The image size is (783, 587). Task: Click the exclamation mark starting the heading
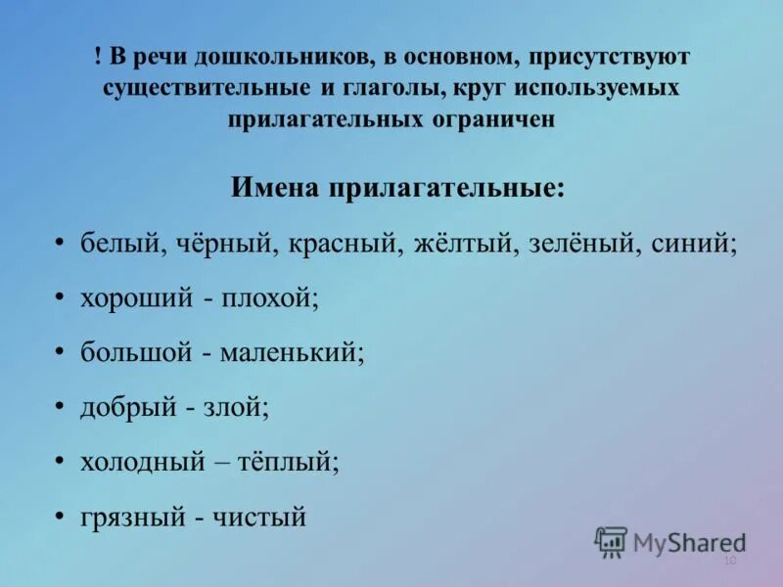click(99, 57)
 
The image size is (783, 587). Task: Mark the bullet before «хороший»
click(60, 297)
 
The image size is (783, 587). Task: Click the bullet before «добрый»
click(60, 406)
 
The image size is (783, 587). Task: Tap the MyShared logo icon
click(611, 541)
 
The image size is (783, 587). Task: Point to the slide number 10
click(729, 561)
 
